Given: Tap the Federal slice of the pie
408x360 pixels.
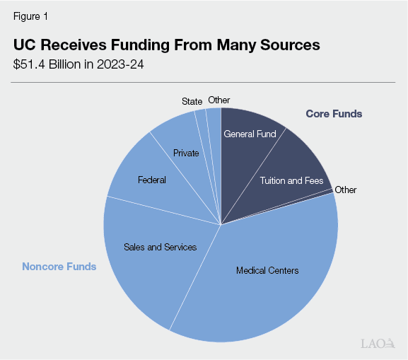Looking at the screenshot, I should (x=151, y=180).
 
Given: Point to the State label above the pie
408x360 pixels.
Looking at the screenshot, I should (x=192, y=101).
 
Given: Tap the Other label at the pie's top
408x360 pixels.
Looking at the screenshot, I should (x=218, y=100).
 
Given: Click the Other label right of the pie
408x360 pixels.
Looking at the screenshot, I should (x=346, y=190).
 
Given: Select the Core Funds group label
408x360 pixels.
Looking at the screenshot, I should (x=334, y=114).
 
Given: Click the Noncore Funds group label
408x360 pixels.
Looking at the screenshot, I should (x=59, y=267).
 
